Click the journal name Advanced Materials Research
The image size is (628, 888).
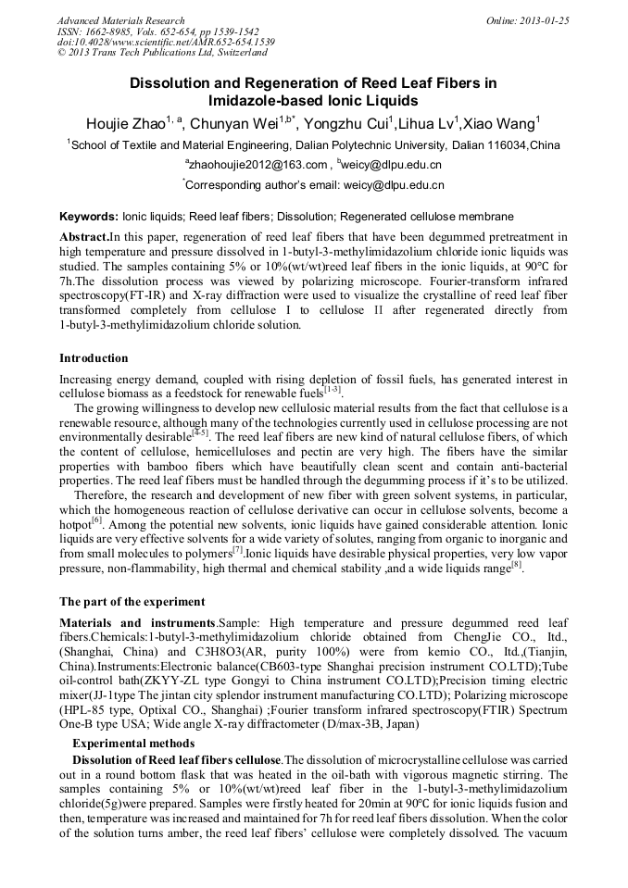pos(120,19)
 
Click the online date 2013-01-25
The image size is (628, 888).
pos(544,19)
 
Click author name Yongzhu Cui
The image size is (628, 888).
pos(348,123)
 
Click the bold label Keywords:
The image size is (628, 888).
pos(89,216)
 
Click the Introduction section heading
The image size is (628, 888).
pos(94,358)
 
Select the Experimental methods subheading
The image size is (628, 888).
pos(133,743)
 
